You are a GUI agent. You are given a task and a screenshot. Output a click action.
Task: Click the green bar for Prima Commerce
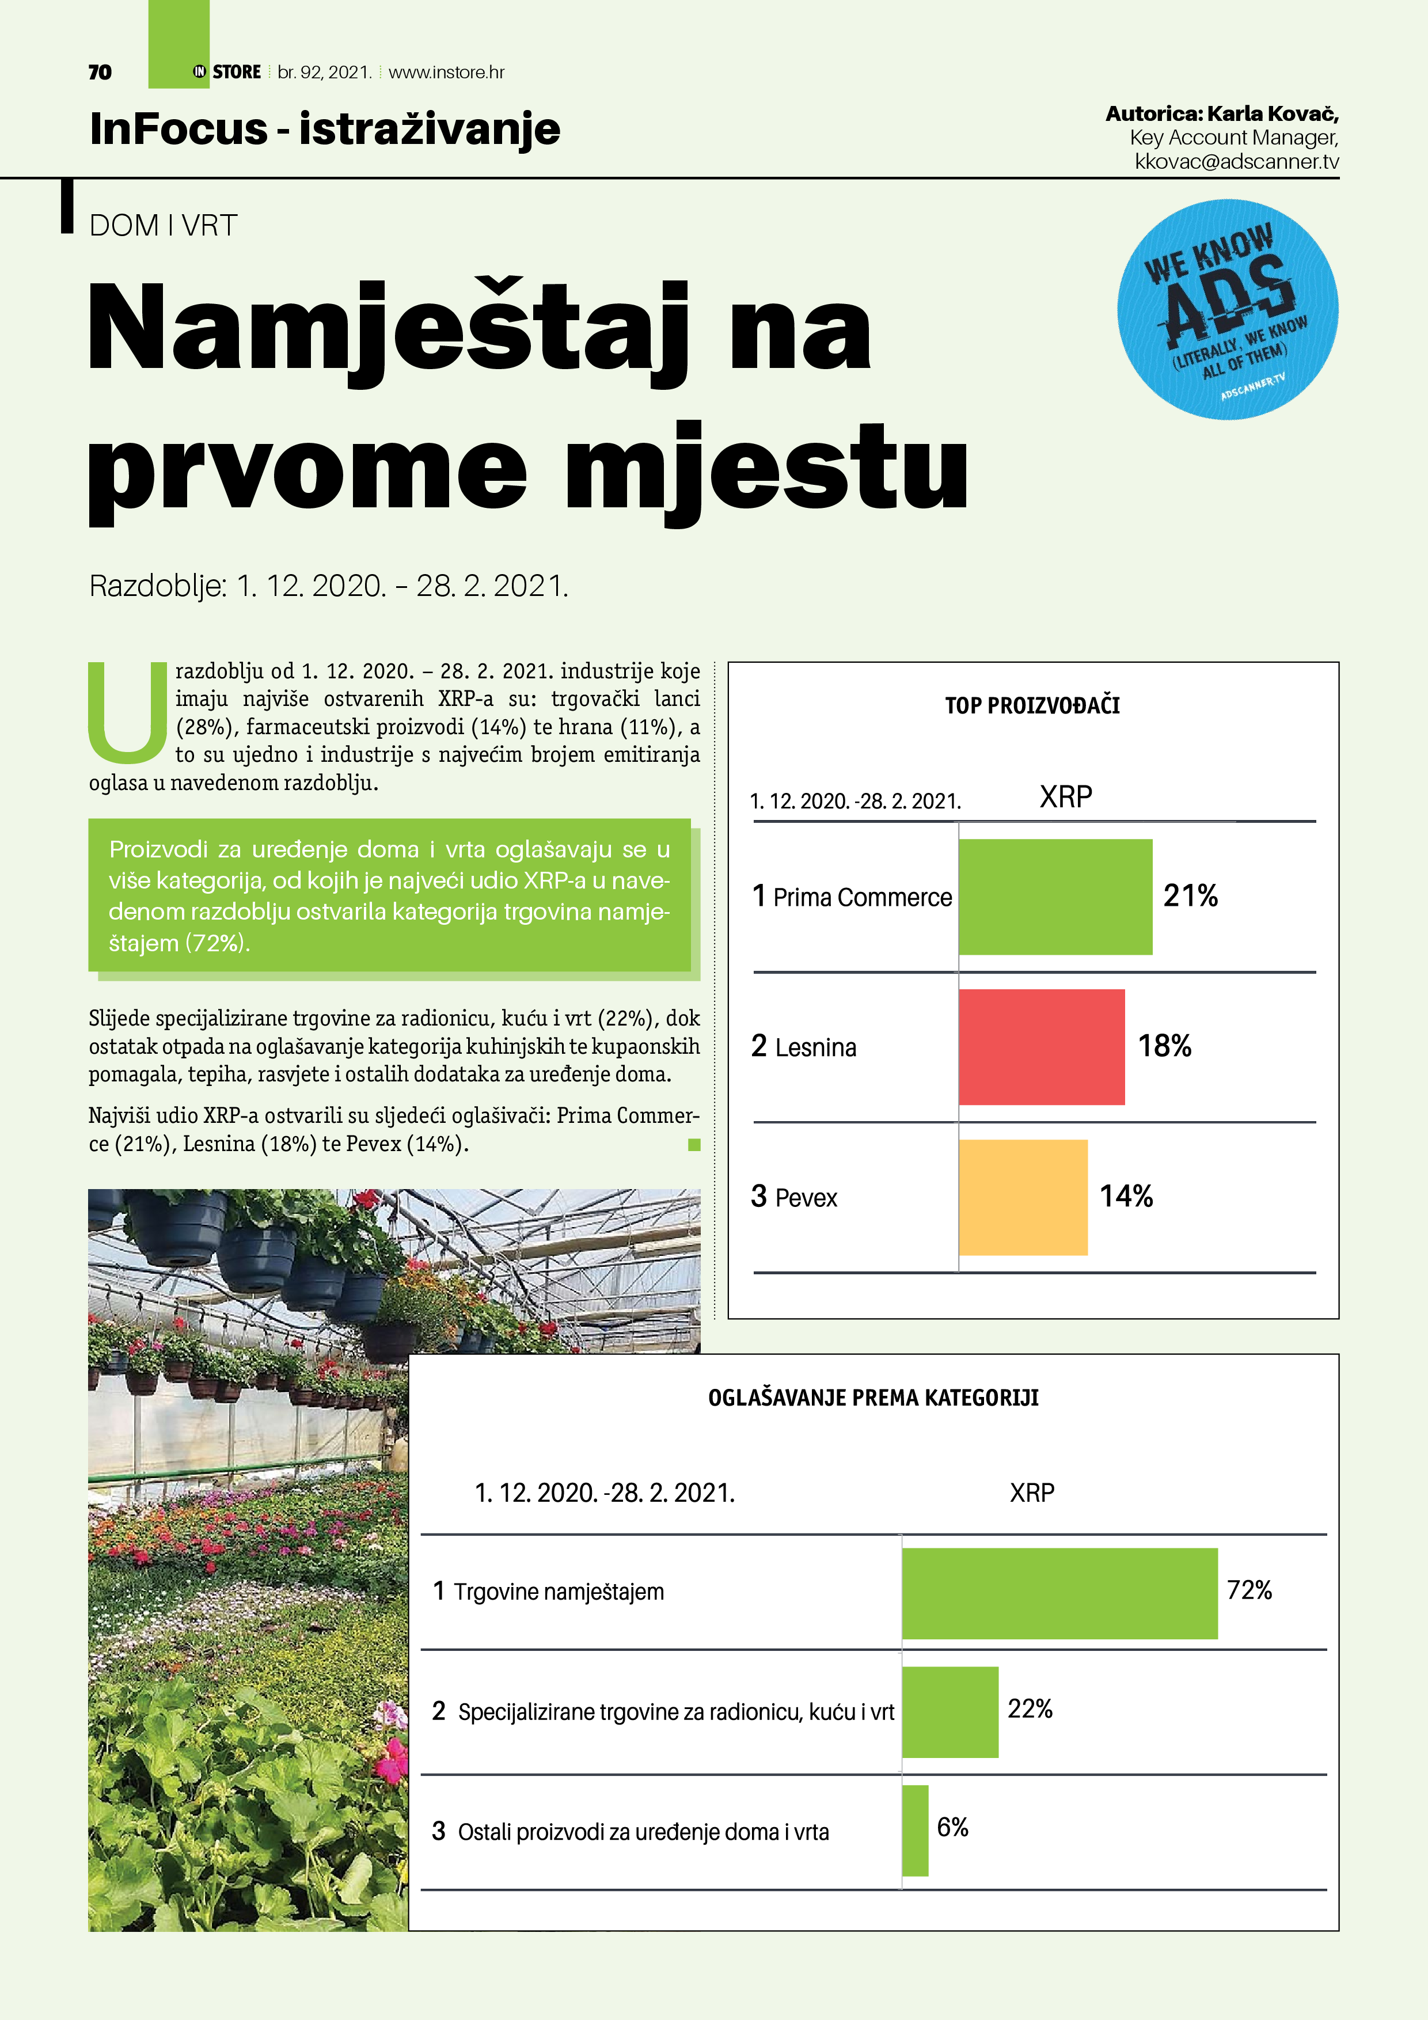coord(1055,897)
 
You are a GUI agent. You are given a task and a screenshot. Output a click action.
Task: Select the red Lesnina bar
coord(1041,1047)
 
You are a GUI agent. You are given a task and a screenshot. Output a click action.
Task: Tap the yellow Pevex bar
coord(1023,1197)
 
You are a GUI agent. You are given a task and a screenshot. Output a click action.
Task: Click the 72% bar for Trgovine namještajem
coord(1059,1593)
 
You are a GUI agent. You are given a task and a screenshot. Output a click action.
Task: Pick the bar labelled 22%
coord(950,1712)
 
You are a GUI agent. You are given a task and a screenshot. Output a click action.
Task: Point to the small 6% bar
coord(915,1830)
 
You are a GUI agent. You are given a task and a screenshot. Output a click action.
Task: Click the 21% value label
coord(1190,895)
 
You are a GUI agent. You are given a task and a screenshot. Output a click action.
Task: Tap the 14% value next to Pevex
coord(1126,1195)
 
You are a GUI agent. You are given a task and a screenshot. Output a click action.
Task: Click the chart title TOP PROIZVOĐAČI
coord(1032,705)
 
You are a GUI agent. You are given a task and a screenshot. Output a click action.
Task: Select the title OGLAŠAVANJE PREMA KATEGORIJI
coord(873,1398)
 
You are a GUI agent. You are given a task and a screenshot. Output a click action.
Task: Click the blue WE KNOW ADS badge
coord(1228,310)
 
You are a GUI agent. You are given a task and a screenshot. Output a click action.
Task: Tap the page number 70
coord(100,72)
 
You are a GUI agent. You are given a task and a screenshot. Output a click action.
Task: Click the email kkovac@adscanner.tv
coord(1236,162)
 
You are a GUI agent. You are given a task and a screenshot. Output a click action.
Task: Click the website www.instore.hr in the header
coord(446,72)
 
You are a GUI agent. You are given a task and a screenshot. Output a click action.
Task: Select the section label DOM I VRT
coord(163,225)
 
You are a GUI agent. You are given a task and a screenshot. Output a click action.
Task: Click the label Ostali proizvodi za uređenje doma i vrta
coord(643,1832)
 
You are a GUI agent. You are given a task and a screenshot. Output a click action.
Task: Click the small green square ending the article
coord(694,1145)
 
